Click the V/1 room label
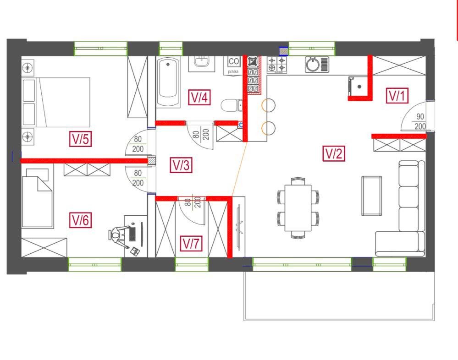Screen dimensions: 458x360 [397, 95]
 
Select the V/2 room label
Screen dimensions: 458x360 [334, 153]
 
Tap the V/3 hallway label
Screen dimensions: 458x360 [181, 165]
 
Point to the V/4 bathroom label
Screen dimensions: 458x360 [199, 97]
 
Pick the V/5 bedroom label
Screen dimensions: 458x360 [81, 139]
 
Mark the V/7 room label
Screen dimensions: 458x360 [191, 243]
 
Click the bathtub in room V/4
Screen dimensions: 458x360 [168, 82]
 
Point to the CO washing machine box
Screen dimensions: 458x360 [234, 61]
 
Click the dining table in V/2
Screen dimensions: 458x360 [298, 208]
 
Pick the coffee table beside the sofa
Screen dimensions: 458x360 [371, 196]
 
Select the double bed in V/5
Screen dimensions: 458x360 [56, 102]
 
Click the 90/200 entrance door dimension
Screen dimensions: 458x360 [420, 121]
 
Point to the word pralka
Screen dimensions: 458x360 [233, 71]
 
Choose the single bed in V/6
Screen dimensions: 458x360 [37, 198]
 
